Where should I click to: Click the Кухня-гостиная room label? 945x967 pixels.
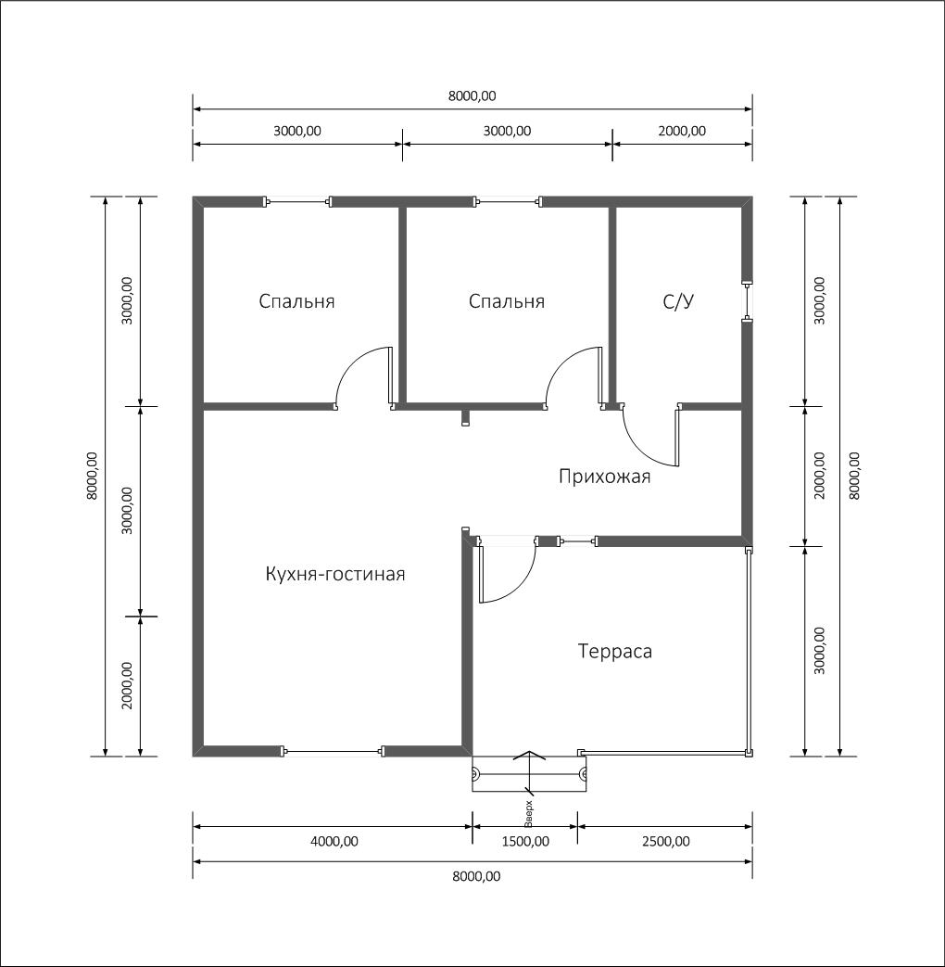point(334,574)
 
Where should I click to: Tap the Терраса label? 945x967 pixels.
point(614,651)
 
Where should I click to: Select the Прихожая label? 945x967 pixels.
point(604,477)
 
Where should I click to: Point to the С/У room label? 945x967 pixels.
point(678,301)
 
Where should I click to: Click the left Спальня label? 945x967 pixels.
point(296,301)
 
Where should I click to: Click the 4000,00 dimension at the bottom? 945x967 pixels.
point(334,841)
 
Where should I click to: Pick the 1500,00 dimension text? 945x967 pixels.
point(525,841)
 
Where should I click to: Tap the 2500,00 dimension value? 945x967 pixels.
point(666,841)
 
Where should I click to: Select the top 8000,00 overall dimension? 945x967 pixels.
point(472,95)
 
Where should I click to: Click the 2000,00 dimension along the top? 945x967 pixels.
point(682,131)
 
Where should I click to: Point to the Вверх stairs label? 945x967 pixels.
point(528,813)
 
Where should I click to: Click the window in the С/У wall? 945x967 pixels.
point(747,302)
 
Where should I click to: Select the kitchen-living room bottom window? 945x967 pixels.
point(333,751)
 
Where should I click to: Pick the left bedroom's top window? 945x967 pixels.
point(298,201)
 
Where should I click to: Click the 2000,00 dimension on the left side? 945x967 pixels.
point(127,686)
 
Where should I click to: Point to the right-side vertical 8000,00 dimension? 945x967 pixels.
point(854,476)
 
